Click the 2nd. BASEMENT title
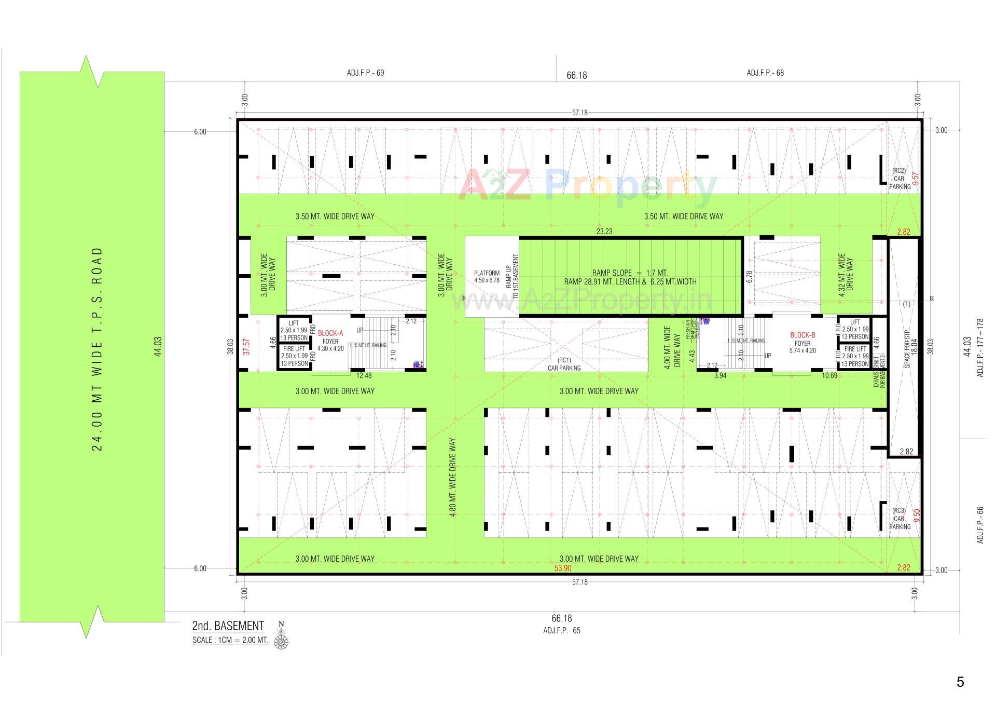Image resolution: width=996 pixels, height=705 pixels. pos(228,626)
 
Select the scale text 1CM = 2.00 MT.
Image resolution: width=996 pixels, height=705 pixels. pos(230,640)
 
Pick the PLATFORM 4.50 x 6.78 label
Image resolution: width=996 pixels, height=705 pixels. pos(487,277)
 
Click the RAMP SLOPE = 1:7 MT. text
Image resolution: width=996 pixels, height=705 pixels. pos(630,273)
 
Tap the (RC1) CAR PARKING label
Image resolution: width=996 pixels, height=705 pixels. pos(564,364)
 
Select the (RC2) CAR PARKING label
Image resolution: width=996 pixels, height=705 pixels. pos(899,179)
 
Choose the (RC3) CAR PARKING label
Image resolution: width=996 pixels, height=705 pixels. pos(899,518)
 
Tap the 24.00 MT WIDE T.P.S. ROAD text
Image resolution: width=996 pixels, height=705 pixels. pos(97,348)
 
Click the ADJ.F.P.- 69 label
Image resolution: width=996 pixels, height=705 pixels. pos(365,73)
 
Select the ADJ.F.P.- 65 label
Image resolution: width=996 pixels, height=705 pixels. pos(562,630)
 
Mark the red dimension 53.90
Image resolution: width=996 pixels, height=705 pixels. pos(562,568)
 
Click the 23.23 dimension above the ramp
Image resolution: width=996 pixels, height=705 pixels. pos(604,232)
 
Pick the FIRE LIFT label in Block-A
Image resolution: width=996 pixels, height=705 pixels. pos(294,356)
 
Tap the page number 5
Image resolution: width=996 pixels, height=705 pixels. pos(960,682)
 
